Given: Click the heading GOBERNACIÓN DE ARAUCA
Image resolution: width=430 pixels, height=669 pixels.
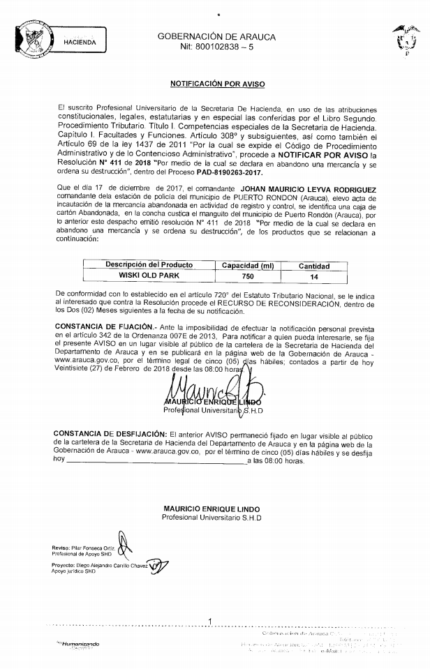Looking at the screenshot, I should pos(216,36).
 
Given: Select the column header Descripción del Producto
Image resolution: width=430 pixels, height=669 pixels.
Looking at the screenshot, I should pos(149,265).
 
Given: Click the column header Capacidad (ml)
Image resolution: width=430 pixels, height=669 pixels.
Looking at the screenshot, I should pos(248,266).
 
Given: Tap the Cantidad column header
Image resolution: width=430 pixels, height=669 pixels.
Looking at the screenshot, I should pos(314,266).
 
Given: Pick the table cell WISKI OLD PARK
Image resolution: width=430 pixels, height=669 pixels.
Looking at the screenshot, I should pos(149,276).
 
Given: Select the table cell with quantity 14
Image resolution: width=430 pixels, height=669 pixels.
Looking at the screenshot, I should pos(313,277).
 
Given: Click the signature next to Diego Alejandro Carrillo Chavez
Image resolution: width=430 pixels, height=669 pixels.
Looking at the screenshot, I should pos(158,565).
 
